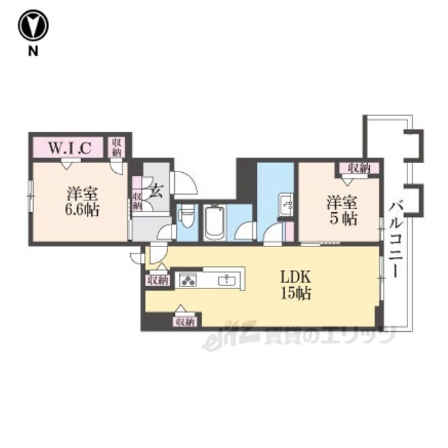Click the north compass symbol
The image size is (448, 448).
point(34,25)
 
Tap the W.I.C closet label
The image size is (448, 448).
point(70,148)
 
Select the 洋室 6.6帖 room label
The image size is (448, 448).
point(82,202)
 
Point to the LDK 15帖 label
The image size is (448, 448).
point(295,285)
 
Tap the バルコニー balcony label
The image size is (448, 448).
point(395,239)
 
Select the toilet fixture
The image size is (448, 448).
point(188,217)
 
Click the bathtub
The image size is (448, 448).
point(215,222)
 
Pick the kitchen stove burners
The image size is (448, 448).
point(188,279)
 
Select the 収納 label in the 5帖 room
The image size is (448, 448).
point(359,168)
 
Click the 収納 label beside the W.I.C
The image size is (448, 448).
point(117,147)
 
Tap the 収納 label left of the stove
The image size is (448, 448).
point(158,281)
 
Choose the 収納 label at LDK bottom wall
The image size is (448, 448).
point(185,322)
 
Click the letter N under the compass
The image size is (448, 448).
point(33,51)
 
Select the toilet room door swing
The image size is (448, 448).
point(167,232)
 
